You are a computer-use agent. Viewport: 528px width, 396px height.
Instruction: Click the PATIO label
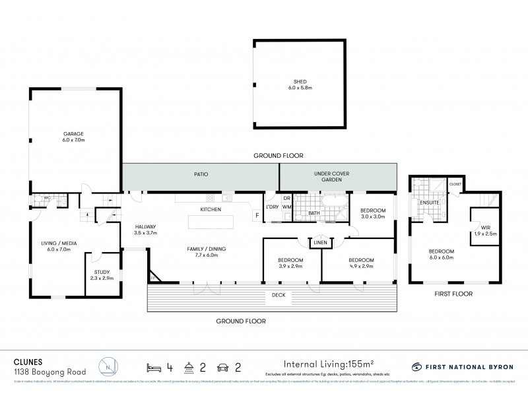point(201,175)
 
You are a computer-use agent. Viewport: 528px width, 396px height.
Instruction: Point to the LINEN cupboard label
point(321,242)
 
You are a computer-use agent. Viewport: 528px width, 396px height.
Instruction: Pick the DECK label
point(278,295)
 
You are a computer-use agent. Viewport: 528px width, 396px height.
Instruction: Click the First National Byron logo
point(461,366)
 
